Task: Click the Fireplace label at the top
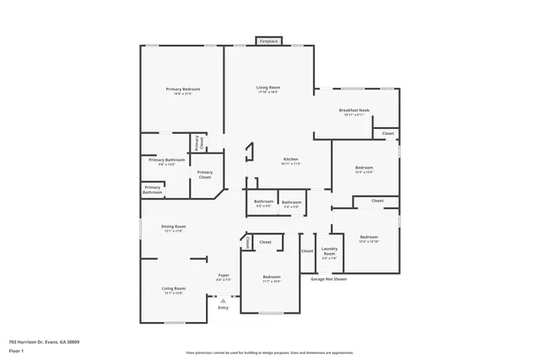coord(269,40)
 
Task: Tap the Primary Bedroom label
coord(183,89)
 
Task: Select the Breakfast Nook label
coord(354,110)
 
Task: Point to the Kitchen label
coord(290,159)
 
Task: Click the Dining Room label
coord(174,226)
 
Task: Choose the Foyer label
coord(224,275)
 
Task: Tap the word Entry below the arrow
coord(223,308)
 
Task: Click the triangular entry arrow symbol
coord(223,299)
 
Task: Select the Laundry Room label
coord(329,250)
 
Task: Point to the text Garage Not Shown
coord(329,278)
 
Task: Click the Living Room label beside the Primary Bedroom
coord(268,88)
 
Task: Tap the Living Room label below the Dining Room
coord(174,288)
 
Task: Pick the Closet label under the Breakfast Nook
coord(388,133)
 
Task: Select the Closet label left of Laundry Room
coord(307,250)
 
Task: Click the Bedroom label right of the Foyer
coord(271,277)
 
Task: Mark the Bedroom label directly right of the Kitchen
coord(364,168)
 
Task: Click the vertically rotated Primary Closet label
coord(197,142)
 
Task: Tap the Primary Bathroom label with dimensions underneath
coord(167,159)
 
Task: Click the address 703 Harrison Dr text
coord(44,341)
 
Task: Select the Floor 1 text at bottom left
coord(16,352)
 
